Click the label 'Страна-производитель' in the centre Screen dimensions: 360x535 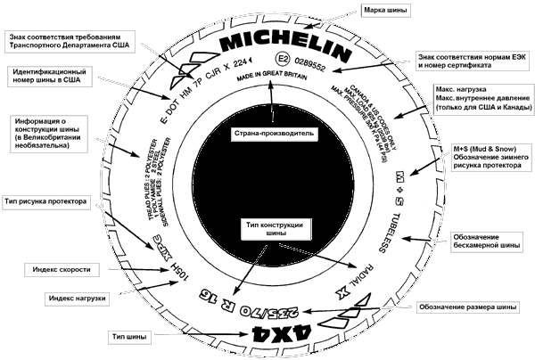pos(269,136)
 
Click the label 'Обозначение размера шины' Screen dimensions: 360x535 pos(466,306)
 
